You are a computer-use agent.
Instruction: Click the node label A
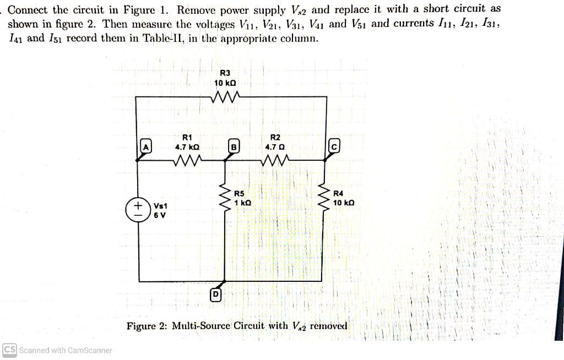[145, 148]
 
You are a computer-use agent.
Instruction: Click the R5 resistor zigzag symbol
[225, 199]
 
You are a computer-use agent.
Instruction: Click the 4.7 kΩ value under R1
[187, 148]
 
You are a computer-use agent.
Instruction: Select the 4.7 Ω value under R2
[275, 148]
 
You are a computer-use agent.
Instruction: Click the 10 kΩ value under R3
[225, 83]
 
